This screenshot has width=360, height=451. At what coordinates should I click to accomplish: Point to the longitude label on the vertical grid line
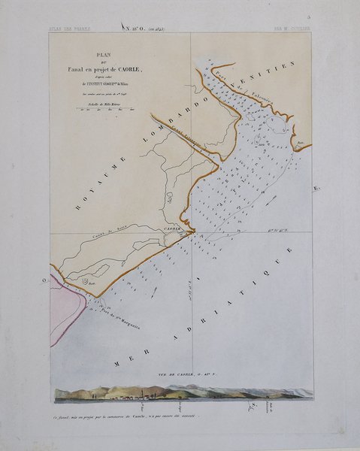click(x=189, y=286)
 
